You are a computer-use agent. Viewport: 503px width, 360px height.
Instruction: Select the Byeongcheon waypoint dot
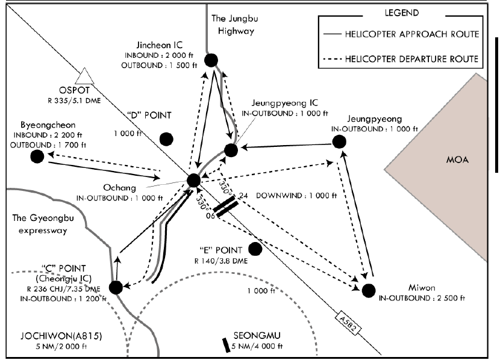click(x=37, y=156)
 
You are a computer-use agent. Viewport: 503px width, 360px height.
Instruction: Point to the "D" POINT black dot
click(x=166, y=138)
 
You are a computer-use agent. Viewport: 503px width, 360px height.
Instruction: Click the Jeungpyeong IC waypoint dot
click(x=231, y=150)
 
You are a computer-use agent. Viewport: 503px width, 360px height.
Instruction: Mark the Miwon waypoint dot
click(x=369, y=290)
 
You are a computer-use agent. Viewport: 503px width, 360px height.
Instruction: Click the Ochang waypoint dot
click(x=193, y=179)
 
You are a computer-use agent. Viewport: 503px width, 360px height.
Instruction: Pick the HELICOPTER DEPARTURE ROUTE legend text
click(x=412, y=58)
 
